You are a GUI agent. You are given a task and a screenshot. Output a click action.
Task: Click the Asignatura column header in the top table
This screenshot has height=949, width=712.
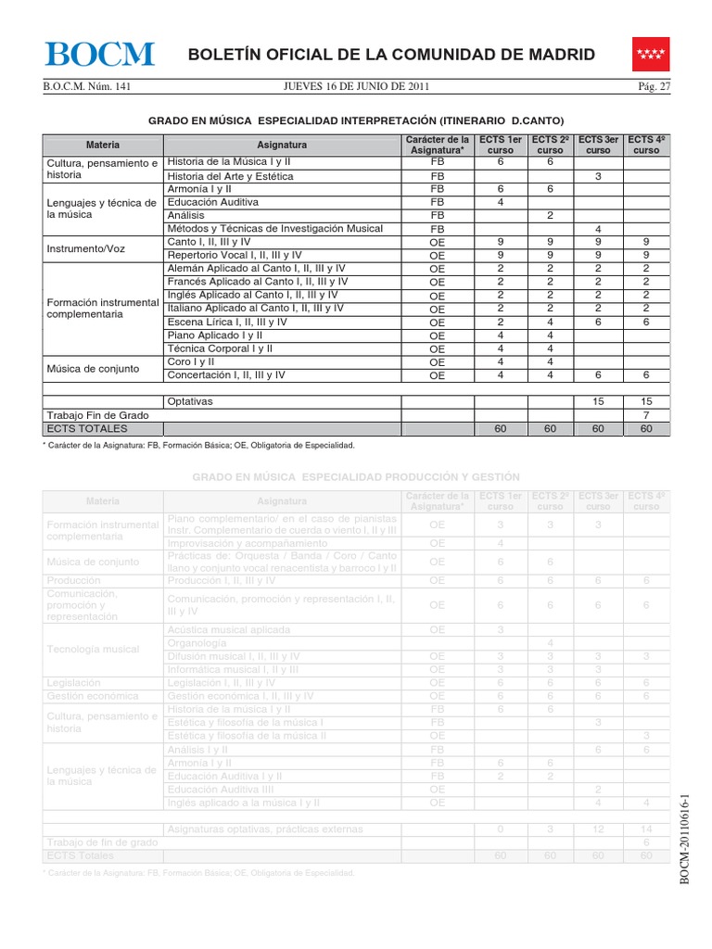(x=282, y=146)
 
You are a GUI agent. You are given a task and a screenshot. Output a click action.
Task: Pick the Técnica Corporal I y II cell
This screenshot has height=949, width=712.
(x=219, y=348)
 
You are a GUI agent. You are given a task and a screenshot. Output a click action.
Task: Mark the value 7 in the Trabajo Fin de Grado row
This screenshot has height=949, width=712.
(x=645, y=416)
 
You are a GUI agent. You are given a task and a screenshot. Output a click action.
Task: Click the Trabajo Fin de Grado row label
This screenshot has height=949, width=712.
(x=92, y=416)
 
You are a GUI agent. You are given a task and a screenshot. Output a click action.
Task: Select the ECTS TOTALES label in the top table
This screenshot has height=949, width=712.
(x=85, y=429)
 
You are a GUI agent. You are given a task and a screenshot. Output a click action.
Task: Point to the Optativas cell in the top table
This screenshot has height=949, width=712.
(x=190, y=402)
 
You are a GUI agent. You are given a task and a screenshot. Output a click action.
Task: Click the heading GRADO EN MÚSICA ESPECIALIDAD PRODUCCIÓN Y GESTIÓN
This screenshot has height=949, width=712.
(x=356, y=475)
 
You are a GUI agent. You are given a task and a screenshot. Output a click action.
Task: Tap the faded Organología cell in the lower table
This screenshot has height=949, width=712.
(x=196, y=642)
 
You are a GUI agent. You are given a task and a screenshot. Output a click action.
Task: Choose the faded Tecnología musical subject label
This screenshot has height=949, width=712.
(x=93, y=649)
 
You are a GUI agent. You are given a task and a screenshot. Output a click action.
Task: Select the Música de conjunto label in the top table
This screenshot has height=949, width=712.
(x=93, y=368)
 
